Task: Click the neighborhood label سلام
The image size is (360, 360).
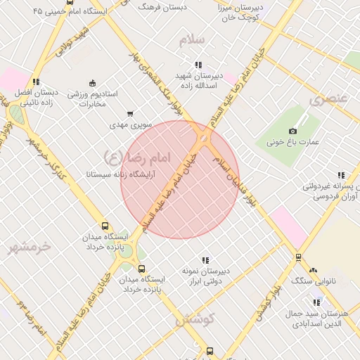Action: (192, 39)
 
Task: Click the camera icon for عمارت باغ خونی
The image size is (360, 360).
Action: (293, 131)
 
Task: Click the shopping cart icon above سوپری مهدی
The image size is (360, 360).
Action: (130, 113)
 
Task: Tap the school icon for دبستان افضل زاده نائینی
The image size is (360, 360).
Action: (36, 82)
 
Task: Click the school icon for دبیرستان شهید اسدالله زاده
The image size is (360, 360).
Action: (199, 64)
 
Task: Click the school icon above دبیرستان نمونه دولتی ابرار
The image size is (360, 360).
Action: (206, 260)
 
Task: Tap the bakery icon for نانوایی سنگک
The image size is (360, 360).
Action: (313, 270)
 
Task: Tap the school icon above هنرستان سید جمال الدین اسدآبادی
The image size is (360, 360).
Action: (317, 302)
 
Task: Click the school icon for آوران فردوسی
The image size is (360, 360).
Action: (341, 176)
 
